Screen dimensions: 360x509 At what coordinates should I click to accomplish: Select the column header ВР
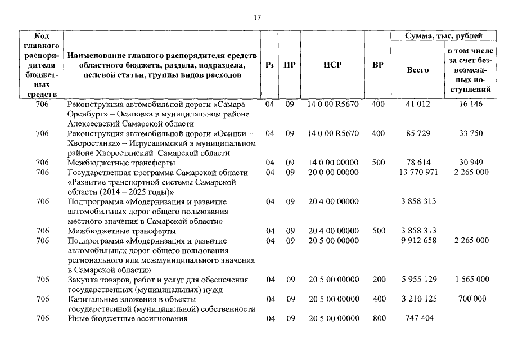pos(378,65)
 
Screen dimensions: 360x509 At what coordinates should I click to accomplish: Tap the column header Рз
pos(269,65)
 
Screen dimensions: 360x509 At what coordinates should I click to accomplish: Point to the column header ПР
pos(289,65)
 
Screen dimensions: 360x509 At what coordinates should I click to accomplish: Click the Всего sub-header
pos(417,70)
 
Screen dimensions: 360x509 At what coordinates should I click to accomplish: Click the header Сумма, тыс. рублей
pos(444,36)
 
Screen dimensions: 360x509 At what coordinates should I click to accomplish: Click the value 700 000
pos(472,299)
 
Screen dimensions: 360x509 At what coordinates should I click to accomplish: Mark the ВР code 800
pos(379,318)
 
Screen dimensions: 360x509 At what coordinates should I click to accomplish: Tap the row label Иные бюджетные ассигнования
pos(127,318)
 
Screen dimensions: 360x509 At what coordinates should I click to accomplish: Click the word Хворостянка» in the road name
pos(93,143)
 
